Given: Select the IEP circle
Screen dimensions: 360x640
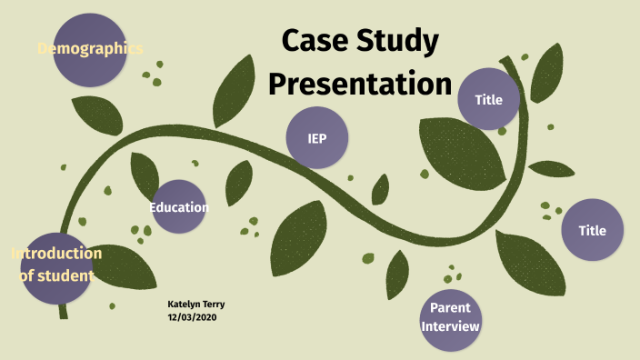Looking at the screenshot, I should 317,139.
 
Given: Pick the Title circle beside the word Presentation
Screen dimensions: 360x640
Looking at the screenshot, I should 489,98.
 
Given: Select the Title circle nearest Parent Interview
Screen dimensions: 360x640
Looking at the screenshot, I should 593,231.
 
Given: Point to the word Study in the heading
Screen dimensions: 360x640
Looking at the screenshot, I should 400,41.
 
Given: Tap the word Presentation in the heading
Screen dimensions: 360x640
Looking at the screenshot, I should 360,84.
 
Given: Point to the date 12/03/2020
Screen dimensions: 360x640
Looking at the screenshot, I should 193,316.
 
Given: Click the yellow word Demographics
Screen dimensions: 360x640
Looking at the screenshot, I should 90,48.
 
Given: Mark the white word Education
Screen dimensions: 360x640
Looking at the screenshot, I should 179,207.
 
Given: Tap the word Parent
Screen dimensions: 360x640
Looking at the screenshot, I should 450,308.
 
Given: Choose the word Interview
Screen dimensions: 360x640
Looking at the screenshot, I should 450,326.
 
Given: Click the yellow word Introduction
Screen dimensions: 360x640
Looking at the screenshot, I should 56,253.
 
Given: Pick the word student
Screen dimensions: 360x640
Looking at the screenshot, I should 69,275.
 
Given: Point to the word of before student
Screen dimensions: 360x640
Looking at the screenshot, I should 28,275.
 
